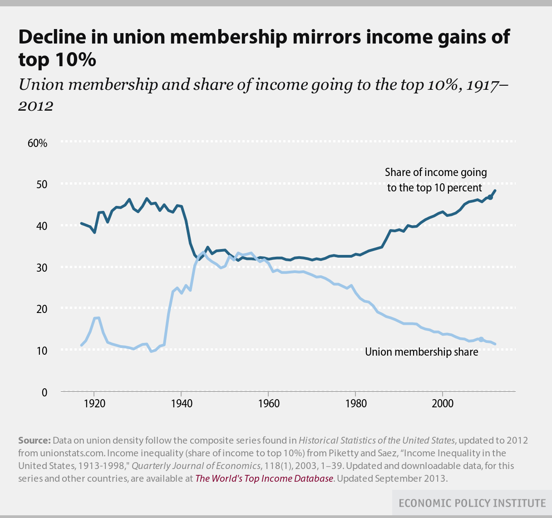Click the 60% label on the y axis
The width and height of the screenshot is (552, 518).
pyautogui.click(x=37, y=143)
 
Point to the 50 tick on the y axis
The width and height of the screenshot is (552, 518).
pyautogui.click(x=42, y=185)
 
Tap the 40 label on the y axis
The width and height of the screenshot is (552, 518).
pyautogui.click(x=42, y=226)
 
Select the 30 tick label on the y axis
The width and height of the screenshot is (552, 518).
pyautogui.click(x=42, y=268)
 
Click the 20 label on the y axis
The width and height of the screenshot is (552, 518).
pyautogui.click(x=42, y=309)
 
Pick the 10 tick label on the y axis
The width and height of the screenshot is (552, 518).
pyautogui.click(x=42, y=351)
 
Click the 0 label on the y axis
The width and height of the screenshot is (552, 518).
pyautogui.click(x=44, y=392)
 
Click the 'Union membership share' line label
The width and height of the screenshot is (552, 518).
pyautogui.click(x=421, y=352)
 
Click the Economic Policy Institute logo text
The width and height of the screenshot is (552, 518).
pyautogui.click(x=472, y=503)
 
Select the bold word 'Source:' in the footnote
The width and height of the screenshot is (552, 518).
pyautogui.click(x=34, y=440)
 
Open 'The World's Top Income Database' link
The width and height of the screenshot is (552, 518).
pyautogui.click(x=264, y=479)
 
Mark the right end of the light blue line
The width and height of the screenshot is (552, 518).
pyautogui.click(x=495, y=344)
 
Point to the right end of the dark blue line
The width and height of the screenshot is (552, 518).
pyautogui.click(x=495, y=191)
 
